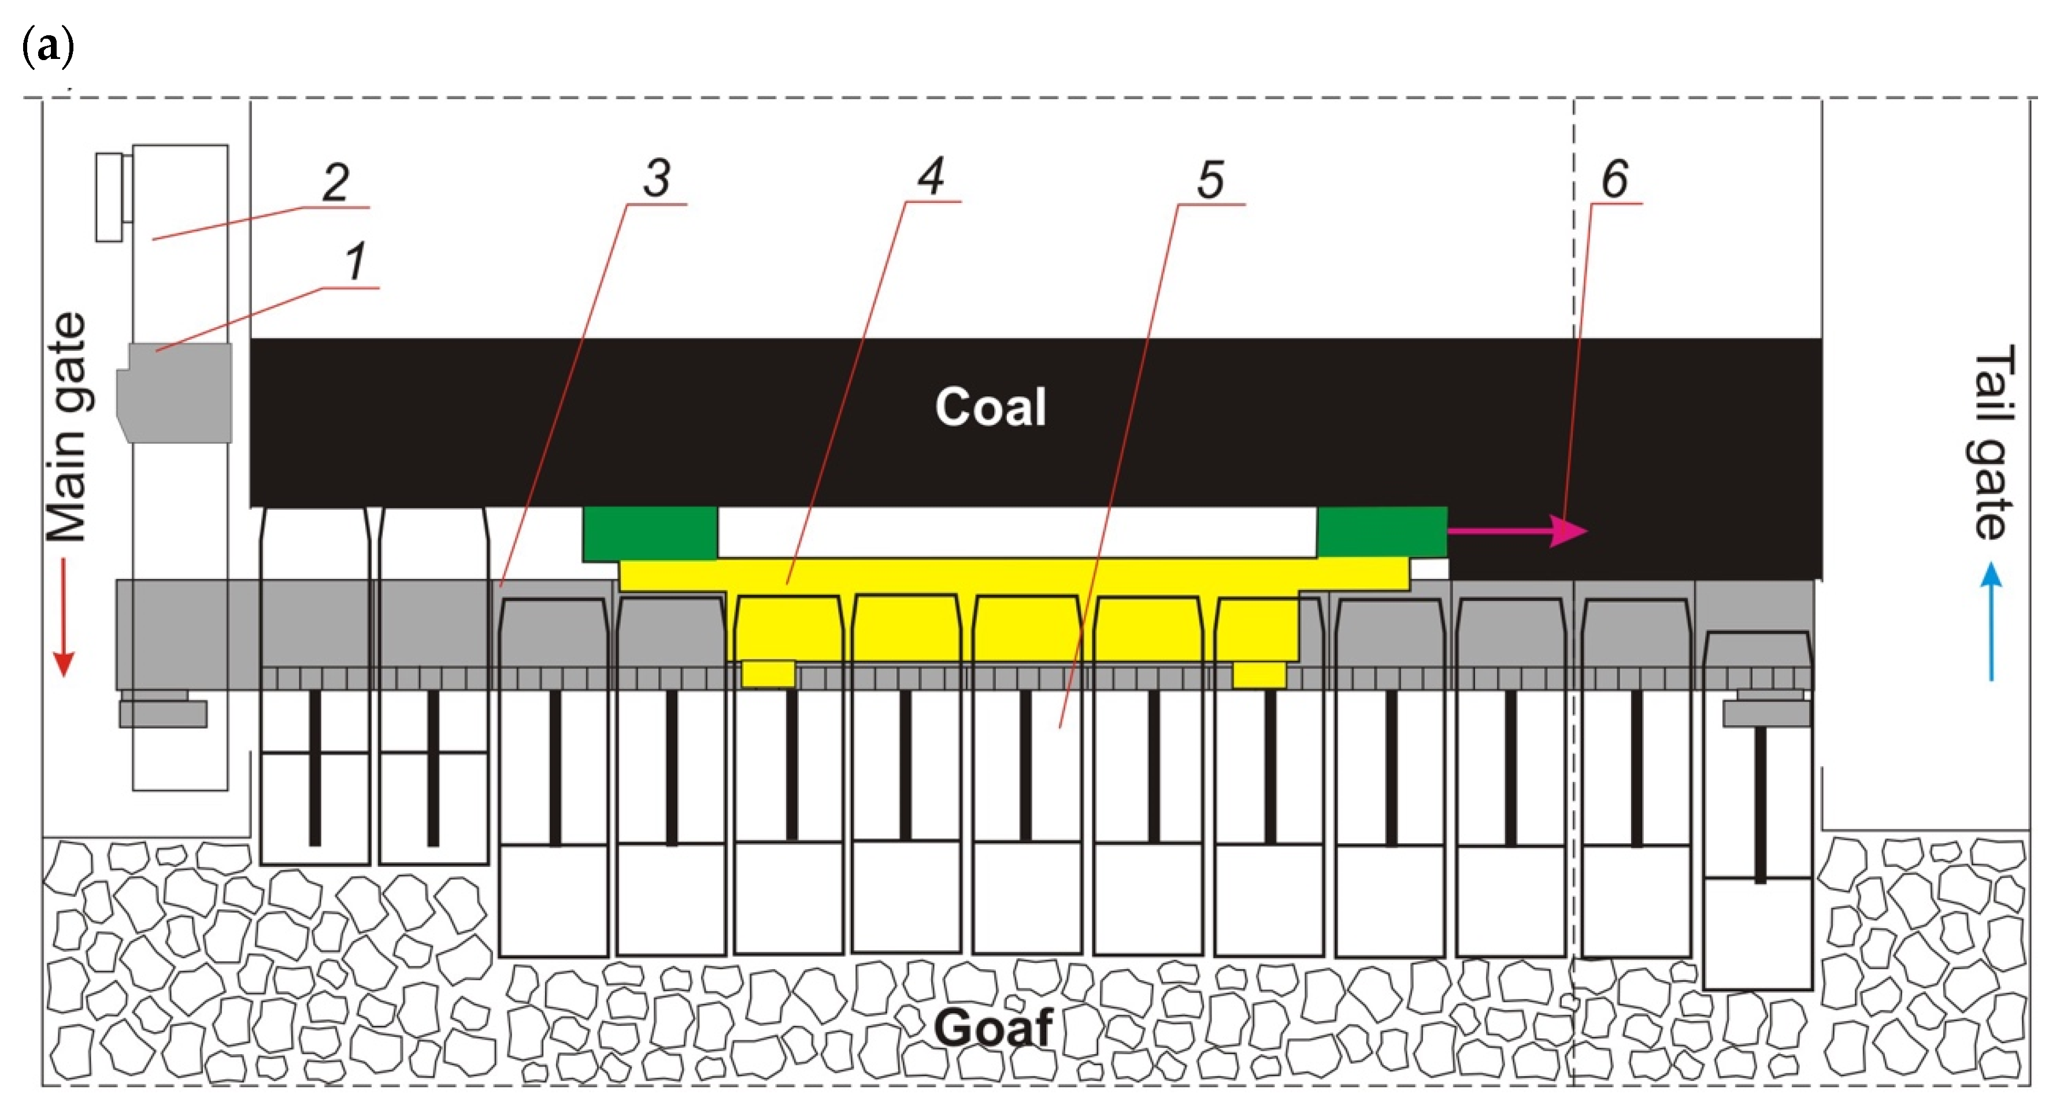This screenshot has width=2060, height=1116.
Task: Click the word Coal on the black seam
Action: click(x=990, y=407)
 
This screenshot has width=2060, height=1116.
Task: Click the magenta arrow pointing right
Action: click(x=1516, y=530)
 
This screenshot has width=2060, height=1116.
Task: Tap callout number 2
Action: click(x=336, y=182)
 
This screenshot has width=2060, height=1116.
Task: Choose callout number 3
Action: click(x=657, y=177)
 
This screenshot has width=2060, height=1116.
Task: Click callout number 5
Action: click(x=1210, y=179)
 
